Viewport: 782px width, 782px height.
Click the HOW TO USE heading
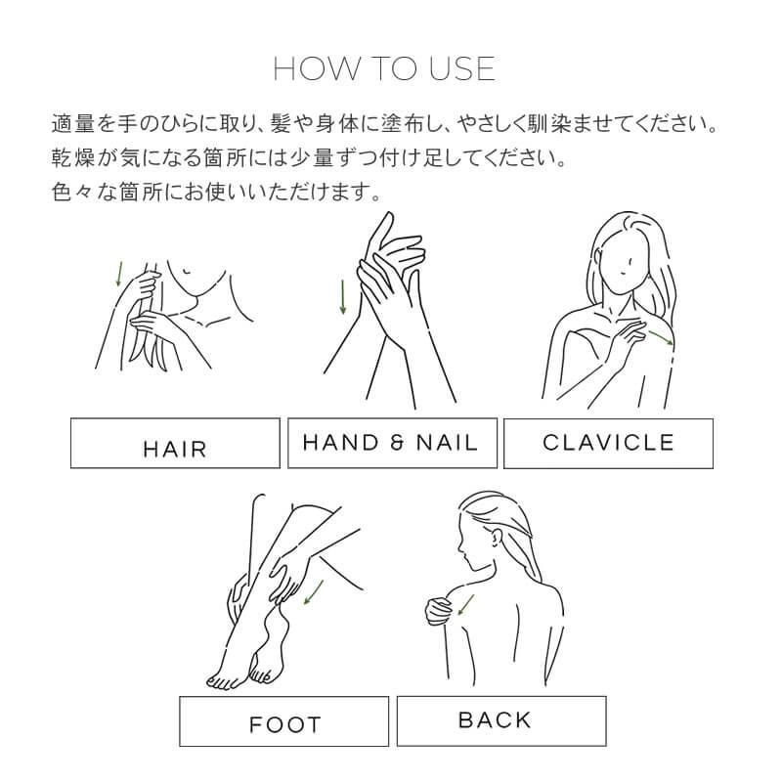(384, 69)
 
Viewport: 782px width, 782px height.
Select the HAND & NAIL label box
(391, 443)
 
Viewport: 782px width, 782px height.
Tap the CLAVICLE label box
(608, 443)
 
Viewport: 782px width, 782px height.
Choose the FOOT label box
(283, 724)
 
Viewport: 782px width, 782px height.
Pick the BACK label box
(495, 720)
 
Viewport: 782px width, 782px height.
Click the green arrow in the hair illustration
(119, 274)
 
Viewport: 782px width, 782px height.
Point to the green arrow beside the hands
(343, 297)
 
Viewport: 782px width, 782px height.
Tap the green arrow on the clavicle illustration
(661, 336)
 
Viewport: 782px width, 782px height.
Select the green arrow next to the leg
(313, 592)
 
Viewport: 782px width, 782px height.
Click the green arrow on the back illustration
(465, 606)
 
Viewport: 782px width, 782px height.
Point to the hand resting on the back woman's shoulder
(436, 609)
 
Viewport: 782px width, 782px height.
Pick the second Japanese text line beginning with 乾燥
(308, 157)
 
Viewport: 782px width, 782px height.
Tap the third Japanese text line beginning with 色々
(215, 189)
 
